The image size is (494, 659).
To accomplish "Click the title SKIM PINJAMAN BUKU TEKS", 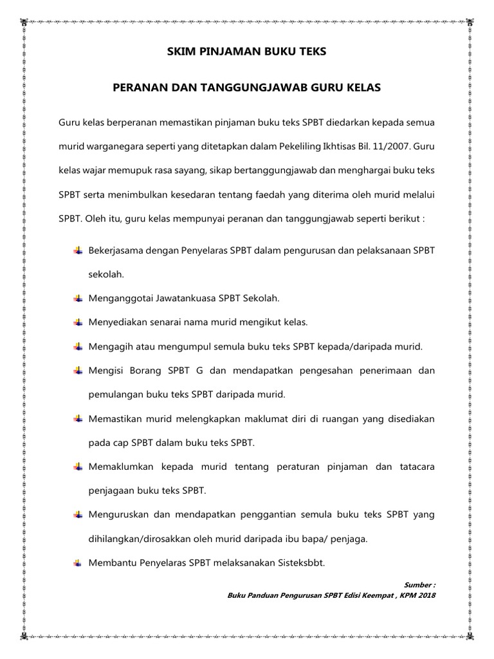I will click(247, 51).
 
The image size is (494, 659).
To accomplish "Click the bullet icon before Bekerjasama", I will click(78, 250).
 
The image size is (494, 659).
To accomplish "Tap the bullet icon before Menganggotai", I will click(78, 298).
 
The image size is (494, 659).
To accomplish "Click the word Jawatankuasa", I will click(185, 298).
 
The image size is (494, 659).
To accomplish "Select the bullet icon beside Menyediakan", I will click(78, 322).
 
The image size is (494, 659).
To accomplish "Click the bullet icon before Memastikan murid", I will click(78, 419).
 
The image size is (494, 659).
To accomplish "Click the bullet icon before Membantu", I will click(78, 562).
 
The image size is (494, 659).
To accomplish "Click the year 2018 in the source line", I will click(425, 595).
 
